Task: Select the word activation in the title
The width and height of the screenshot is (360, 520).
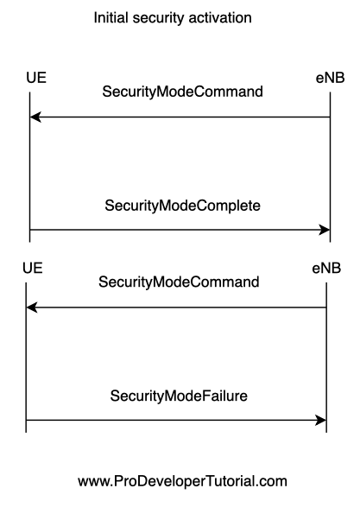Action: click(x=220, y=17)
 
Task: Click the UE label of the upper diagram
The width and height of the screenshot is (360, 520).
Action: click(x=36, y=78)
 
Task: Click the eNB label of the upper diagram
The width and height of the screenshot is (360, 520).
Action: click(x=330, y=78)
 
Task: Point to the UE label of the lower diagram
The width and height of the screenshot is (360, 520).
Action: click(x=33, y=268)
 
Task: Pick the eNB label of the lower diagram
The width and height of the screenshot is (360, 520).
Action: click(x=326, y=269)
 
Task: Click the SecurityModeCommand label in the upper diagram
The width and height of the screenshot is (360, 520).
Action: click(x=183, y=92)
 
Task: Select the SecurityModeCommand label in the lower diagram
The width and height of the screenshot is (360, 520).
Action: click(x=179, y=282)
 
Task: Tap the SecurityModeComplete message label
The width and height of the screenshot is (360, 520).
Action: click(x=183, y=206)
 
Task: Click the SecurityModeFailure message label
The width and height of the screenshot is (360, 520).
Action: click(x=179, y=396)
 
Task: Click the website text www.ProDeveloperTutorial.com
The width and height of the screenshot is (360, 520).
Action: click(x=183, y=481)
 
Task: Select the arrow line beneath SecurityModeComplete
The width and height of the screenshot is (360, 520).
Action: click(x=180, y=230)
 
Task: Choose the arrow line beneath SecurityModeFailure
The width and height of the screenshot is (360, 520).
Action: click(x=176, y=421)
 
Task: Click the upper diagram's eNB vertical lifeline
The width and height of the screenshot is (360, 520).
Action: click(x=330, y=168)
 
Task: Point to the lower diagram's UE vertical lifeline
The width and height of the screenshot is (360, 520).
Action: click(x=26, y=358)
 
